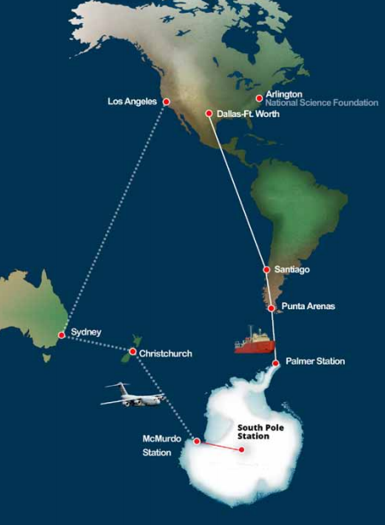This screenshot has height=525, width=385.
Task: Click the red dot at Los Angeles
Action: coord(166,102)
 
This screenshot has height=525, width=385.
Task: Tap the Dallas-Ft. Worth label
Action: coord(248,114)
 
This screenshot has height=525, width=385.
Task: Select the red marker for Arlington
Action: coord(260,98)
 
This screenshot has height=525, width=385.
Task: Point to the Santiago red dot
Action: coord(267,271)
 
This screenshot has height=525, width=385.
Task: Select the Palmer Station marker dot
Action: coord(276,364)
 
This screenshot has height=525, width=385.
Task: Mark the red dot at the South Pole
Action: coord(242,451)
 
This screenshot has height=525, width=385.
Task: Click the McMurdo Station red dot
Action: coord(197,441)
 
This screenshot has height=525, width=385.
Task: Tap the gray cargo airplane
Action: coord(135,395)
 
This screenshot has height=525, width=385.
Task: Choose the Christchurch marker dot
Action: coord(133,352)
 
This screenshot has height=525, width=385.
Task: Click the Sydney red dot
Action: coord(61,335)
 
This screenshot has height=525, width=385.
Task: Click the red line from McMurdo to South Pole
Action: coord(219,446)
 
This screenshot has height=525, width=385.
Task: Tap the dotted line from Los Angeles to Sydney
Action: coord(114,218)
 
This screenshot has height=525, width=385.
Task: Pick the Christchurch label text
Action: coord(168,353)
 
